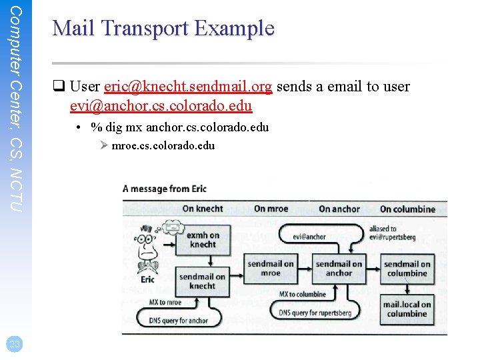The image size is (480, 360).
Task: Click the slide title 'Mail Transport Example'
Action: pyautogui.click(x=163, y=29)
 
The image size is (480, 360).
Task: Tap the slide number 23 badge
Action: pyautogui.click(x=15, y=344)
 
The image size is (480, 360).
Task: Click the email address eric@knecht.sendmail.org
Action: pyautogui.click(x=189, y=87)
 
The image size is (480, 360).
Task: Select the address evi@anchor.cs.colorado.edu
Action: pyautogui.click(x=161, y=105)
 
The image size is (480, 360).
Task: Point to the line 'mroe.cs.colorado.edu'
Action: pyautogui.click(x=163, y=145)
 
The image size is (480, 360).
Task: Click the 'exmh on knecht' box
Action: pyautogui.click(x=202, y=240)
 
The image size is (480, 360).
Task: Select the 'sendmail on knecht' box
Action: pyautogui.click(x=202, y=281)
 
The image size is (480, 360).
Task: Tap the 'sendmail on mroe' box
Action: pyautogui.click(x=270, y=268)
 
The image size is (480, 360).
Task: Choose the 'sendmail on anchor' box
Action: pyautogui.click(x=339, y=268)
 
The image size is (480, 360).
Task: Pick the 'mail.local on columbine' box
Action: pyautogui.click(x=407, y=309)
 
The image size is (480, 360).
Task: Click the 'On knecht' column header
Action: pyautogui.click(x=203, y=209)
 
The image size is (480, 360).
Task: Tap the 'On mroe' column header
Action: pyautogui.click(x=271, y=209)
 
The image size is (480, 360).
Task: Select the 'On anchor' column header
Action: pyautogui.click(x=339, y=209)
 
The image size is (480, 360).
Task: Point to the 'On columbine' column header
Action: pyautogui.click(x=407, y=209)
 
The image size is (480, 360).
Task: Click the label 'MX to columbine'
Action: pyautogui.click(x=302, y=294)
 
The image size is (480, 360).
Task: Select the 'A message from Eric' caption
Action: pyautogui.click(x=165, y=189)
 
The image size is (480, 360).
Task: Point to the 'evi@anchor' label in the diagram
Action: pyautogui.click(x=309, y=237)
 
